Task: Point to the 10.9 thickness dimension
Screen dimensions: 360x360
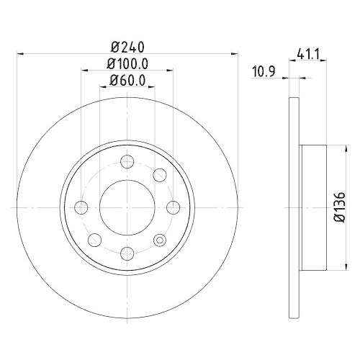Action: pos(264,70)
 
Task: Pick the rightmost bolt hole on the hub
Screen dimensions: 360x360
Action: pos(171,207)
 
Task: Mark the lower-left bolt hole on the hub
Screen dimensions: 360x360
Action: pos(94,238)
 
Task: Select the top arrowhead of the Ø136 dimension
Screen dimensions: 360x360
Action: pos(332,148)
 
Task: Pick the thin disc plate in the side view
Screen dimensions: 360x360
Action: pos(292,207)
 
